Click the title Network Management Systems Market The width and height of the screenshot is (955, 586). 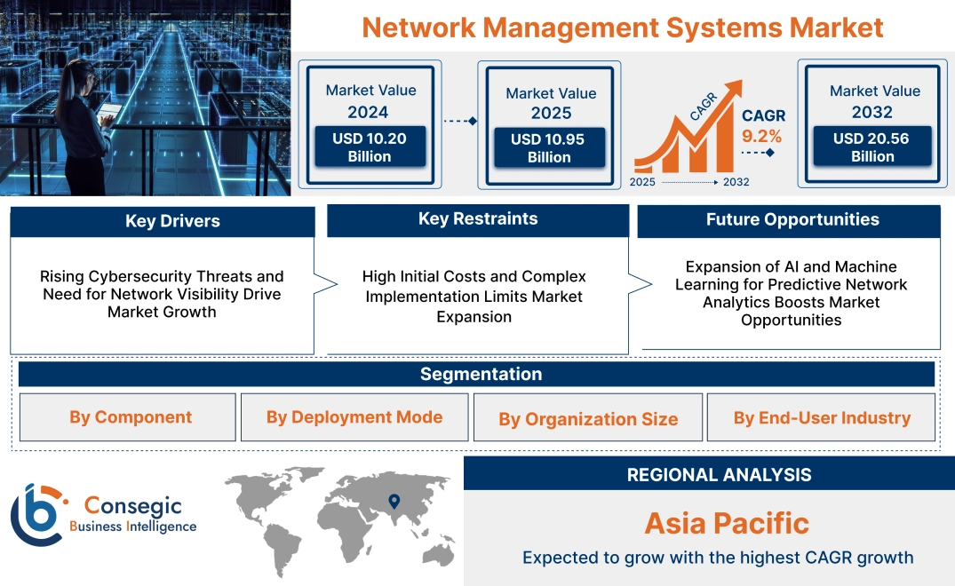point(623,27)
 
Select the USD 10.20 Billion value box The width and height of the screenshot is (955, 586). point(370,147)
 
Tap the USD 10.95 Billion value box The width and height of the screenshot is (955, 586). point(549,148)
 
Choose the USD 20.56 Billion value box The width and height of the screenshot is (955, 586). point(871,147)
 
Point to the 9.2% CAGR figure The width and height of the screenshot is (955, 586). point(761,136)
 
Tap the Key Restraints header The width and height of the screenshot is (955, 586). point(478,219)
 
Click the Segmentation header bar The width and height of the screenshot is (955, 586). point(481,374)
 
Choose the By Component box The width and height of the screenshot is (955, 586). point(131,417)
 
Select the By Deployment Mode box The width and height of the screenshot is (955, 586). point(354,417)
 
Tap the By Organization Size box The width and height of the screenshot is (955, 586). point(588,419)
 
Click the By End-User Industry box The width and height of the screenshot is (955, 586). point(822,417)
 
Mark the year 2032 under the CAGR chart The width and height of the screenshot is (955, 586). point(736,182)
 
